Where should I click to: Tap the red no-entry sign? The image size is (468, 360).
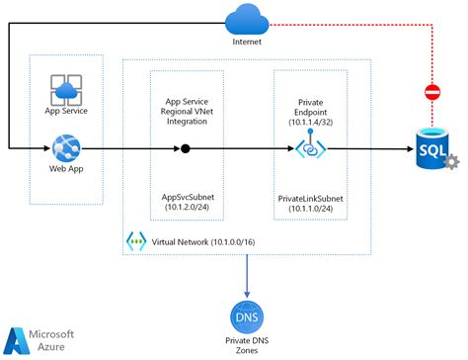[431, 92]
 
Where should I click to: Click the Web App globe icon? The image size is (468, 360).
[65, 148]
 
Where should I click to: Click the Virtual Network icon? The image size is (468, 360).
[135, 240]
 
